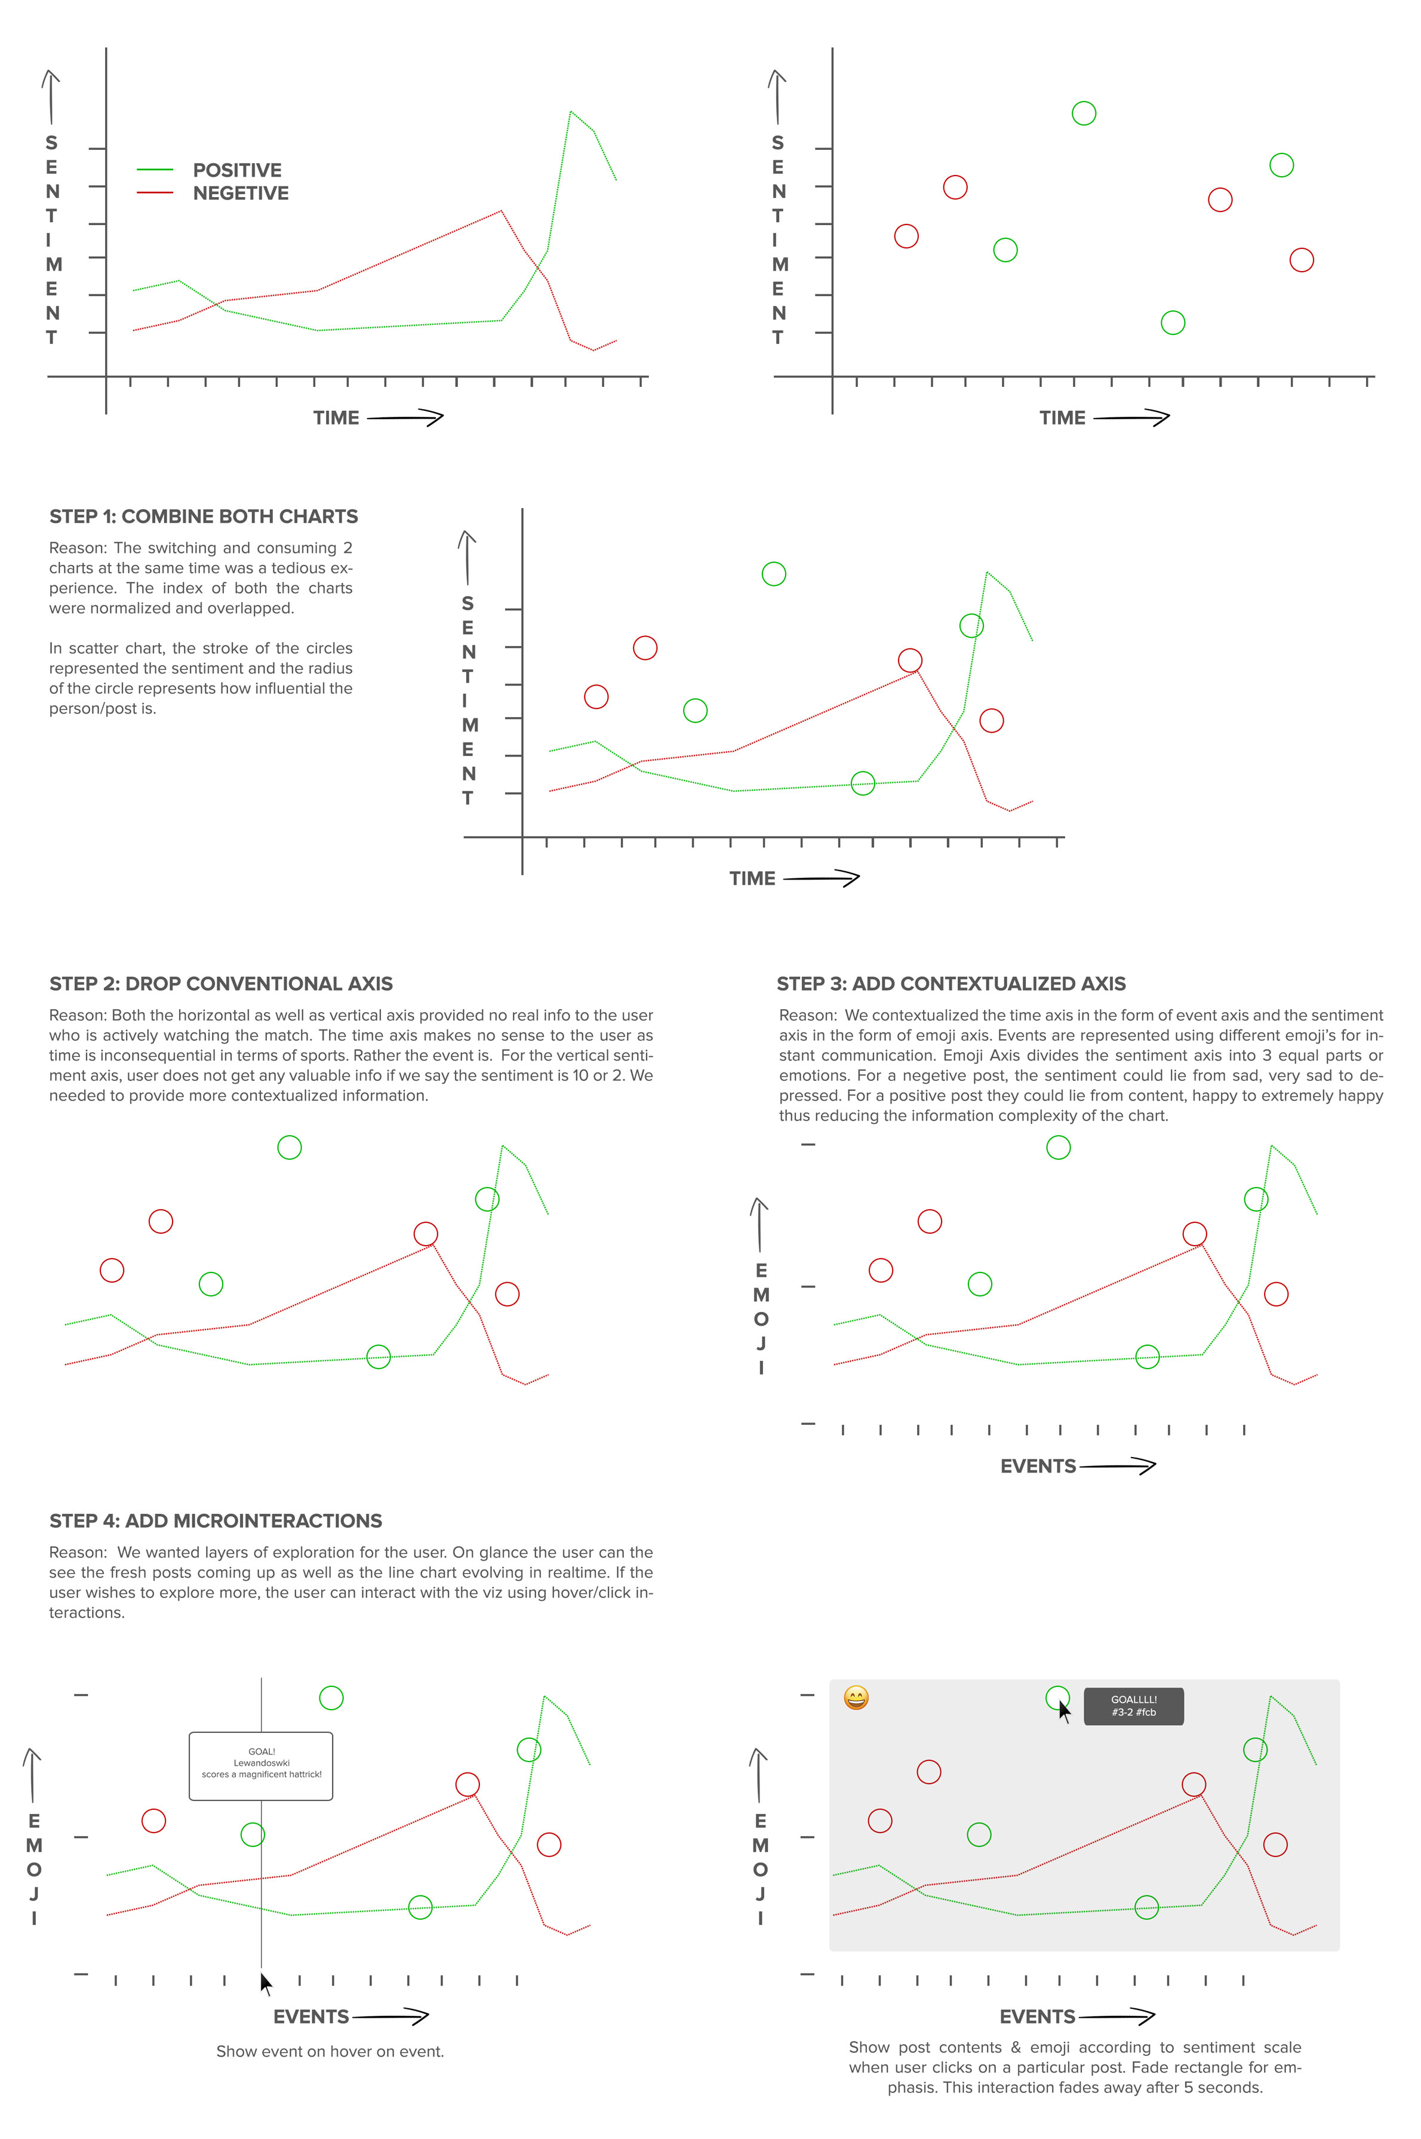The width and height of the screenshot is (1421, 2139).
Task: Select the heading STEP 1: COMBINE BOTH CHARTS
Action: [x=204, y=517]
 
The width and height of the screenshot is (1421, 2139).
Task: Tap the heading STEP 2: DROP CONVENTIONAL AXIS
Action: [x=221, y=984]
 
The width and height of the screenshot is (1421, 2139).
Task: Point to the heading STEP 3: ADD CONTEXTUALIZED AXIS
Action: [x=952, y=984]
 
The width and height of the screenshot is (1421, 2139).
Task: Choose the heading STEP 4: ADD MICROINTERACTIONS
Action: [x=216, y=1521]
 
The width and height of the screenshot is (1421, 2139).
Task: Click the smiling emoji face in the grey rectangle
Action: [x=856, y=1698]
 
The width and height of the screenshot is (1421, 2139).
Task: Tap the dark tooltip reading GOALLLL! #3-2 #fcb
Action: [x=1134, y=1705]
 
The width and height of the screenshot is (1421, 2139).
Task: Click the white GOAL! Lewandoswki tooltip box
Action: [x=261, y=1766]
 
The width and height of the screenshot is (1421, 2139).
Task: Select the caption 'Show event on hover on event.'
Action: [x=330, y=2051]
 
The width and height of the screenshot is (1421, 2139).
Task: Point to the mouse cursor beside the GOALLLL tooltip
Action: [x=1065, y=1712]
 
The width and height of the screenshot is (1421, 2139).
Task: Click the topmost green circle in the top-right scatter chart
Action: [x=1084, y=113]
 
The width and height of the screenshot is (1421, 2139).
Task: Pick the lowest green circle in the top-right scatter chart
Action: [x=1173, y=322]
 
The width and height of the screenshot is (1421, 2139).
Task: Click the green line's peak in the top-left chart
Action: [x=570, y=112]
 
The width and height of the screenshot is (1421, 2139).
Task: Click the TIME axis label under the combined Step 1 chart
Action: [x=752, y=878]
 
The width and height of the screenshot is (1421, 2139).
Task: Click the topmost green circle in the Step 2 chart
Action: [x=289, y=1148]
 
